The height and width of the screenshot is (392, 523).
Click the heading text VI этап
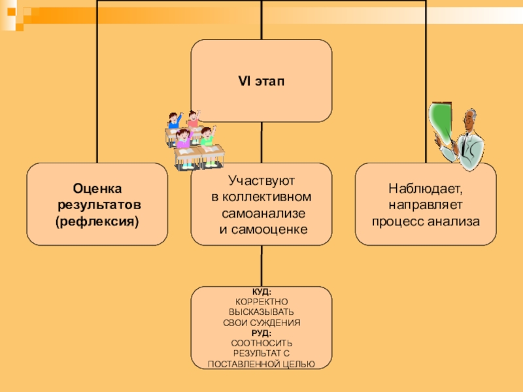(261, 80)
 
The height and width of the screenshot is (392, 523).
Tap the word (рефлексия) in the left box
(97, 222)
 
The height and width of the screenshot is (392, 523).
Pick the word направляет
(426, 205)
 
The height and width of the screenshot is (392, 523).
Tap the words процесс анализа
(426, 221)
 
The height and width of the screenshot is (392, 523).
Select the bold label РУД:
(261, 333)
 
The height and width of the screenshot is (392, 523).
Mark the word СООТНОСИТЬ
(261, 343)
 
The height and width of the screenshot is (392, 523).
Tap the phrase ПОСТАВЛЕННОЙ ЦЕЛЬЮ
(261, 363)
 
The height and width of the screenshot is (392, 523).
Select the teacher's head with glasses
(471, 122)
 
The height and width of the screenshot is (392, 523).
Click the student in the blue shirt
(174, 120)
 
